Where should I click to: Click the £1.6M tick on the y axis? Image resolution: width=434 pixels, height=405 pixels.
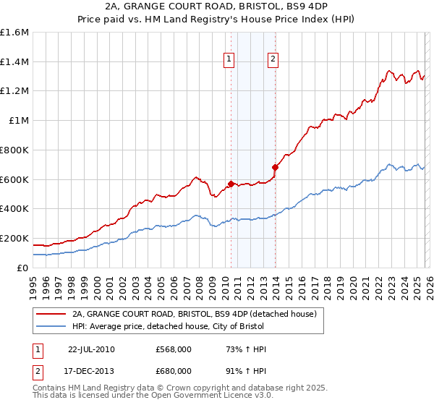14,33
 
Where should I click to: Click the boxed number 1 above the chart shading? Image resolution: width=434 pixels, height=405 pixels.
229,60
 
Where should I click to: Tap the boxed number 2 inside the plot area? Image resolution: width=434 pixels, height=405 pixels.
273,60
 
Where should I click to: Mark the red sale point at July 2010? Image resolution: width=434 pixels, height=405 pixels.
231,184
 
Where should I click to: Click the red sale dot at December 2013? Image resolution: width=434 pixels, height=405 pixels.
275,167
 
